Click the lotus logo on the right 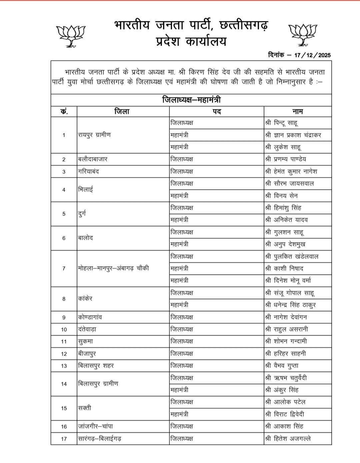coord(303,34)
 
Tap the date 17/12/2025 coord(312,55)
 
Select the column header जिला coord(122,111)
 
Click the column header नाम coord(297,111)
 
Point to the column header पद coord(217,111)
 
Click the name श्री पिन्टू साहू coord(282,123)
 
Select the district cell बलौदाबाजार coord(93,159)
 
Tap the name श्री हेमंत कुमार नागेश coord(291,171)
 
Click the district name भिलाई coord(85,189)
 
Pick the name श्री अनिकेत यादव coord(287,220)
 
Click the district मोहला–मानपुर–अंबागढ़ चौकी coord(113,268)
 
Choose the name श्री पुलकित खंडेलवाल coord(292,257)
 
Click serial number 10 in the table coord(64,330)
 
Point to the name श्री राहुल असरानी coord(287,329)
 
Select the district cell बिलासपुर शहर coord(96,366)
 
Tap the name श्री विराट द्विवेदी coord(285,414)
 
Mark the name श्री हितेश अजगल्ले coord(288,439)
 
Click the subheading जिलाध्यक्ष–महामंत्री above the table coord(191,100)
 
